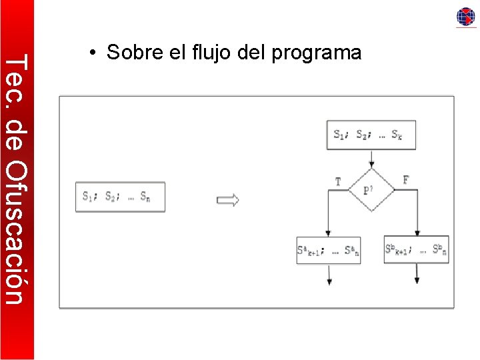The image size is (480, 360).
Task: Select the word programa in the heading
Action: click(x=317, y=52)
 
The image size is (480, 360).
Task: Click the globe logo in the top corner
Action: click(x=465, y=17)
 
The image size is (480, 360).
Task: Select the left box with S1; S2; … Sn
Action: click(x=120, y=197)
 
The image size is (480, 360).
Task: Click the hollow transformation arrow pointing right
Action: click(x=228, y=200)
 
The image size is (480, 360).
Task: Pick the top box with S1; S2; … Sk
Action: click(x=371, y=135)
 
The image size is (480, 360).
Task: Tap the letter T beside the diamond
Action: click(x=338, y=181)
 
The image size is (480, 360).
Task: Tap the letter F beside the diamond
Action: click(x=406, y=180)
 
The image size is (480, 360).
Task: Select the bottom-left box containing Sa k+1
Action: click(x=328, y=250)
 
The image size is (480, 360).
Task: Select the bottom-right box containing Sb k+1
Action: click(x=416, y=250)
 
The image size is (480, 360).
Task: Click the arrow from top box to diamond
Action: click(x=371, y=159)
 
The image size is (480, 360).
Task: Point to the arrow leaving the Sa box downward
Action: click(x=329, y=275)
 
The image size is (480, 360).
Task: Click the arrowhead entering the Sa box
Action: click(x=329, y=232)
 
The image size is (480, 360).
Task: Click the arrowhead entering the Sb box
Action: click(x=417, y=231)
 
